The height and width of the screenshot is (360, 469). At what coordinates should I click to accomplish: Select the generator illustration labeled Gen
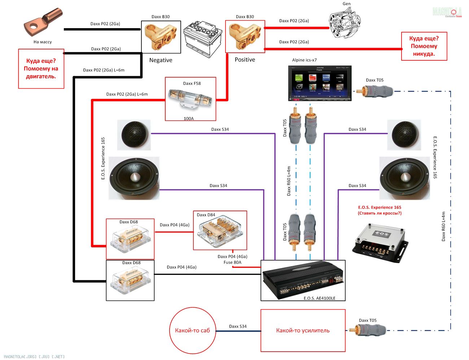[x=345, y=22]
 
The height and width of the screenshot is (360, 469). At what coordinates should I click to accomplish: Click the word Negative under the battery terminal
[x=161, y=60]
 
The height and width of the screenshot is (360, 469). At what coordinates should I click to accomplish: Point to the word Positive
[x=245, y=60]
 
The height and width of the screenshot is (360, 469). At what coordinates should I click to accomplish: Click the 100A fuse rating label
[x=189, y=118]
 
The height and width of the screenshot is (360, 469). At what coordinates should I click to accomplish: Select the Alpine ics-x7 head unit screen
[x=320, y=83]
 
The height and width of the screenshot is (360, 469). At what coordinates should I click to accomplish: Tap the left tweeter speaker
[x=134, y=135]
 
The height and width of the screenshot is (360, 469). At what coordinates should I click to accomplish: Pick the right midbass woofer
[x=405, y=178]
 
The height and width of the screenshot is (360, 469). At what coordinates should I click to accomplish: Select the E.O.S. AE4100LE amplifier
[x=302, y=280]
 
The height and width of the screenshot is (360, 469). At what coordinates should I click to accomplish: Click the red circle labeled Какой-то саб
[x=192, y=330]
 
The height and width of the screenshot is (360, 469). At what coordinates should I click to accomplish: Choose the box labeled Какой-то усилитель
[x=303, y=330]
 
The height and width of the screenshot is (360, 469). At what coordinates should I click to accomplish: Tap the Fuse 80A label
[x=232, y=263]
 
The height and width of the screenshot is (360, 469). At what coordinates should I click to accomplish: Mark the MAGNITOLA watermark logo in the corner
[x=447, y=12]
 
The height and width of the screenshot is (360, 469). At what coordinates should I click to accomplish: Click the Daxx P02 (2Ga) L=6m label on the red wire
[x=127, y=94]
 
